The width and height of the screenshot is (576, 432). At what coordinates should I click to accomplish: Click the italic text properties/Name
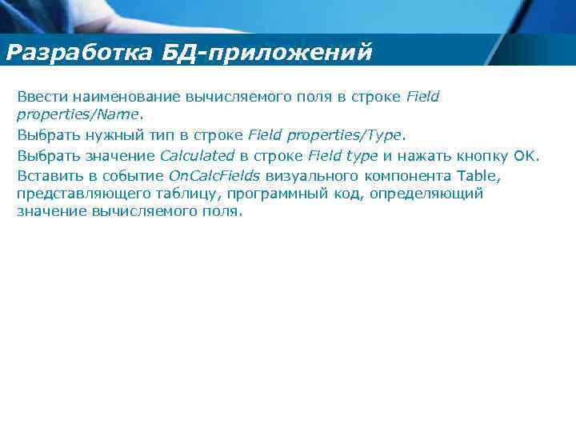click(x=78, y=114)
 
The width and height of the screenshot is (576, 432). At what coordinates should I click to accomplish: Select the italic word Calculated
click(x=197, y=155)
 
